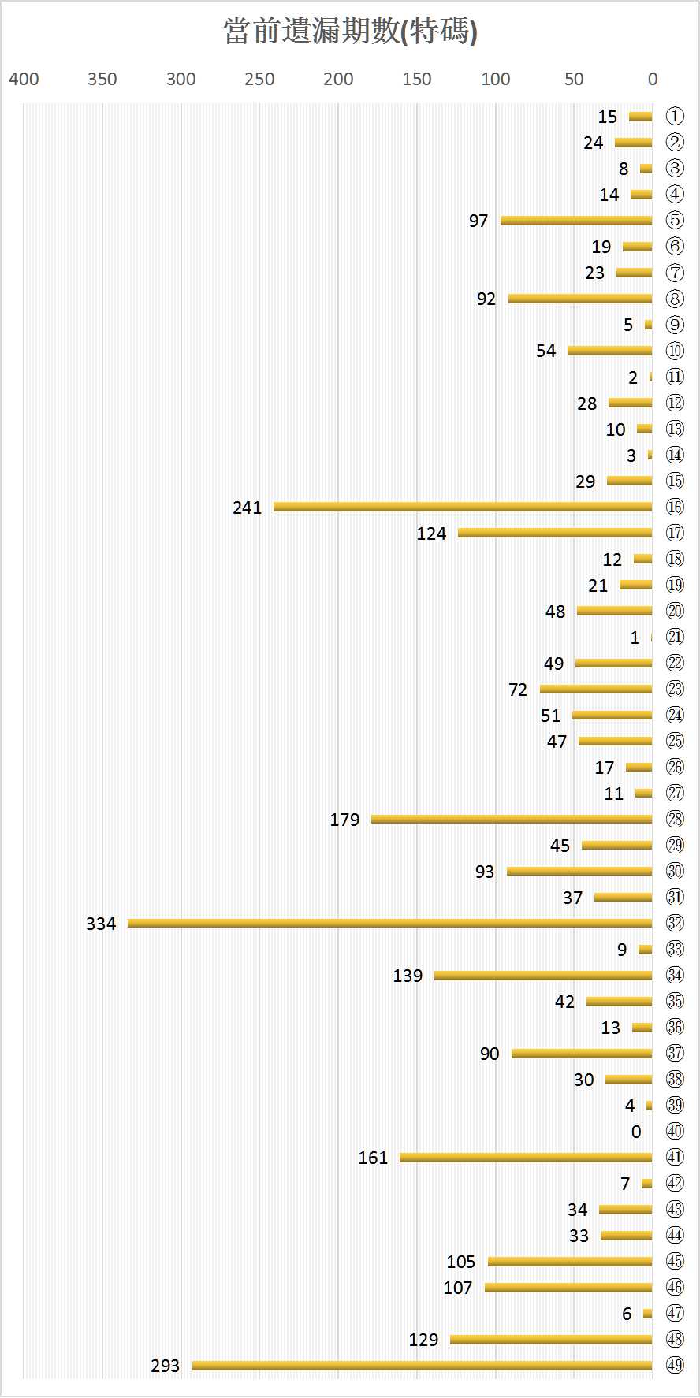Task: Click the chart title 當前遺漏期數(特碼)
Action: [x=350, y=32]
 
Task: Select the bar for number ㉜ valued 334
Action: [x=390, y=923]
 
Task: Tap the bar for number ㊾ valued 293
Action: [x=423, y=1365]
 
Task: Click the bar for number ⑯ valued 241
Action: [x=463, y=507]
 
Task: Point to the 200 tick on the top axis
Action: [x=338, y=79]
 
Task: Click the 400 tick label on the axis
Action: [x=24, y=79]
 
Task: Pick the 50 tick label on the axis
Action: [x=574, y=79]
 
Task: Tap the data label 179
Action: [x=344, y=820]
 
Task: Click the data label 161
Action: [x=373, y=1158]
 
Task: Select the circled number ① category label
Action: [x=675, y=117]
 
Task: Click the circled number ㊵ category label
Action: [x=675, y=1132]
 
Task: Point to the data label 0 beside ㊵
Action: [x=636, y=1132]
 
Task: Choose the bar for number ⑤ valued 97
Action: [x=576, y=221]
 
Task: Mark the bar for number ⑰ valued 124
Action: [x=555, y=533]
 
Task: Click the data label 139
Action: [x=408, y=976]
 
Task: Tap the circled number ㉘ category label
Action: [x=675, y=820]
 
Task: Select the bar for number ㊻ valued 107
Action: [x=568, y=1287]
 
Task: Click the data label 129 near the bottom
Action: [x=423, y=1340]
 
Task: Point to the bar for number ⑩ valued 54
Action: [x=610, y=351]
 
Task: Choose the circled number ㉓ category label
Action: [x=675, y=689]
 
